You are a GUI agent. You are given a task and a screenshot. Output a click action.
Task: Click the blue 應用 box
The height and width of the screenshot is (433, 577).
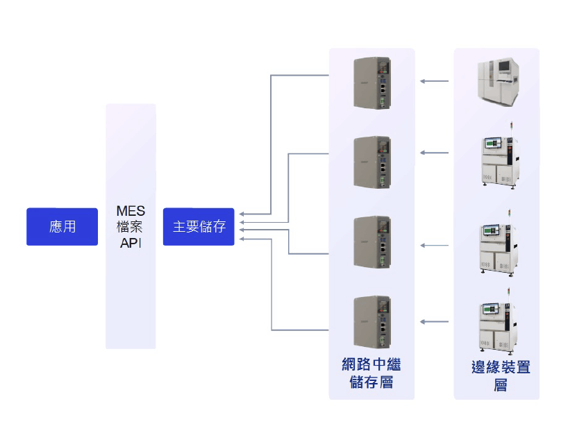[62, 226]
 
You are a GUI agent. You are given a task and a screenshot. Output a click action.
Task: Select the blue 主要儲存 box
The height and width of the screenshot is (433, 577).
[199, 226]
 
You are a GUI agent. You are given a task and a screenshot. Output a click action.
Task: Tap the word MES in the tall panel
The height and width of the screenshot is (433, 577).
[131, 211]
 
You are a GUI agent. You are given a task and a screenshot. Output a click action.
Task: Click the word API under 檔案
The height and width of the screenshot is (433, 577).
[131, 242]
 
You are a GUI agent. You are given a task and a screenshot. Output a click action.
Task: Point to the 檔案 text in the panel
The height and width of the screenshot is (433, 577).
[131, 227]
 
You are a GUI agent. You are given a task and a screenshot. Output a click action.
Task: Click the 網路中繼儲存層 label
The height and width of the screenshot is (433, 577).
[371, 373]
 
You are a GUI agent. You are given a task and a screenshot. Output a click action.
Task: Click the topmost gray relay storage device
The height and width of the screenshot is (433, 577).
[371, 83]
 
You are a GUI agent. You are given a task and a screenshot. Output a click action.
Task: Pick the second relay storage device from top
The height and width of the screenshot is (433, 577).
[371, 162]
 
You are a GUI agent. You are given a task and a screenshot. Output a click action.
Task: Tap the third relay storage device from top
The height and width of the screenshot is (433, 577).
[371, 241]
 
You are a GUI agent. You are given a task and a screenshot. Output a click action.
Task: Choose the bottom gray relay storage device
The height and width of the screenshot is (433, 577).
[371, 321]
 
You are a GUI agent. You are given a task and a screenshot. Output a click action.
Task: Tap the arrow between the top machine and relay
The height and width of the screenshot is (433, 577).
[434, 82]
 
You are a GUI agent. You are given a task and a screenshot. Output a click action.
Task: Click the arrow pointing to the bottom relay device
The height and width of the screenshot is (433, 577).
[434, 321]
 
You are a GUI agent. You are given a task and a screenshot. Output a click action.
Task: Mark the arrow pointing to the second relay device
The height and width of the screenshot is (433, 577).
[434, 153]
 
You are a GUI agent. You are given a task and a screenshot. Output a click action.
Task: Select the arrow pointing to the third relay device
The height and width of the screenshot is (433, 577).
[434, 245]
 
